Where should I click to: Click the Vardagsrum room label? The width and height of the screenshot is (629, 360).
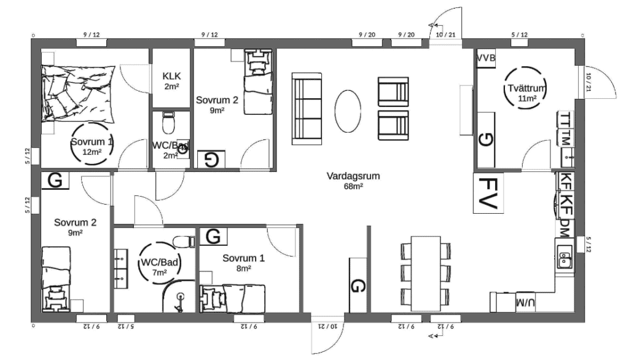coord(353,176)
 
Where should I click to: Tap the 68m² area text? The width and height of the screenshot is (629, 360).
coord(353,186)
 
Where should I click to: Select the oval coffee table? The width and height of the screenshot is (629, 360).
coord(348,110)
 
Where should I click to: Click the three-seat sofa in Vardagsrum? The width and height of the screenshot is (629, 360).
coord(307,107)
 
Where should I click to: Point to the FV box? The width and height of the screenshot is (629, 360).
coord(489,193)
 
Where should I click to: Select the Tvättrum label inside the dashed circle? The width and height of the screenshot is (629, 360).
coord(524,88)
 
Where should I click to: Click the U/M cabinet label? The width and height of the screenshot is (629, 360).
coord(525,302)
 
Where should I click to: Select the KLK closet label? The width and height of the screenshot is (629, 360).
coord(171,76)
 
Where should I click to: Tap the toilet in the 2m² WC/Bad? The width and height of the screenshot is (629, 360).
coord(169,125)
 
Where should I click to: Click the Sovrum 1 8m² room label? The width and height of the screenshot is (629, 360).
coord(243,258)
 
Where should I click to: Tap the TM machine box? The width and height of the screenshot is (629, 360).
coord(566,138)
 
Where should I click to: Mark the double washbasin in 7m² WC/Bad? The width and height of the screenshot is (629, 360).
coord(120,268)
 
